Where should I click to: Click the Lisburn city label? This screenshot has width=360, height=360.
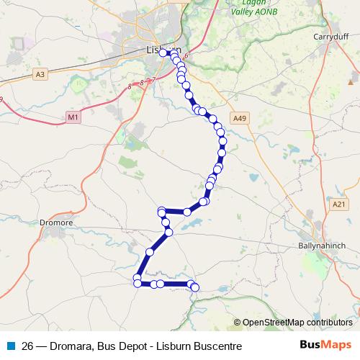coord(158,51)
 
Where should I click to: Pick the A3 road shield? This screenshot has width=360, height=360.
coord(40,73)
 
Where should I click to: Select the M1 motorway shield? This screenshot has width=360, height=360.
coord(73,117)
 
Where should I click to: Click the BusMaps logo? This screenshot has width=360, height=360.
coord(326,345)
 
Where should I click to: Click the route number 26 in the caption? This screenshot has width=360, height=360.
coord(30,346)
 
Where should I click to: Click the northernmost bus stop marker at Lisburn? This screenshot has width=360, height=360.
coord(163,52)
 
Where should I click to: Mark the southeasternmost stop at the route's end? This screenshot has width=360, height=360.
coord(194,289)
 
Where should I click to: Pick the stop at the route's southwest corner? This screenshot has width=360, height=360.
coord(137,283)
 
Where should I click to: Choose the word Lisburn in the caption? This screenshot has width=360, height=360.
coord(174,346)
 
